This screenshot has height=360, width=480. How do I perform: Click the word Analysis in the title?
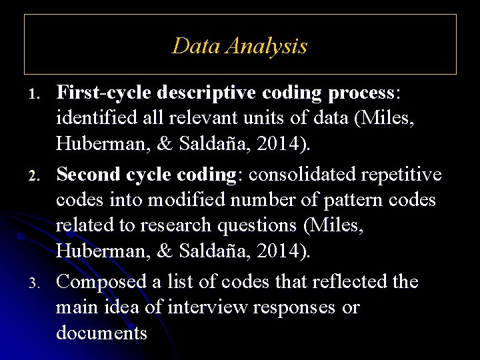[x=267, y=46]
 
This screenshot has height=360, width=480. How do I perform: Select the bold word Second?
[x=89, y=174]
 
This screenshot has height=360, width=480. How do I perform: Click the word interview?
[x=205, y=307]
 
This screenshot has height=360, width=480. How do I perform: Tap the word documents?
[x=101, y=332]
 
